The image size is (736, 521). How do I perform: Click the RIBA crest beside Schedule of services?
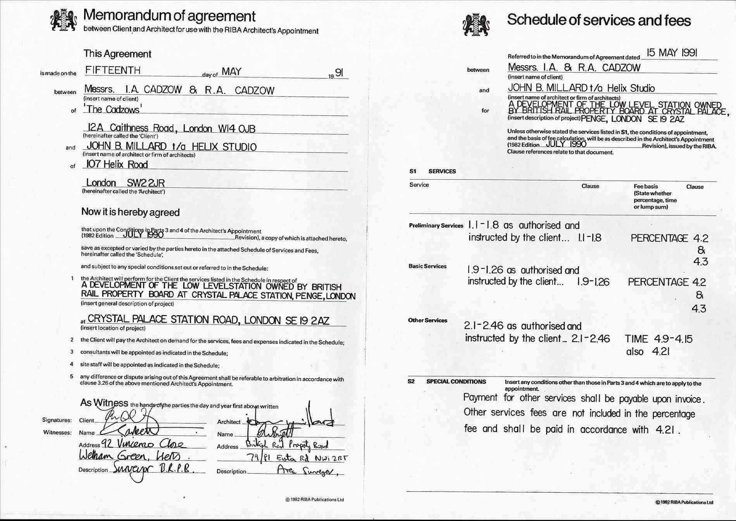click(476, 24)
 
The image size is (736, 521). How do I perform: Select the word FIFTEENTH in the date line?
click(113, 70)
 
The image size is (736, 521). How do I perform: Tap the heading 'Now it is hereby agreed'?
click(130, 212)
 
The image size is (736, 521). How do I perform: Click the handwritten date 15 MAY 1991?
click(672, 53)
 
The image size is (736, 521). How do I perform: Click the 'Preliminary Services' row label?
click(436, 226)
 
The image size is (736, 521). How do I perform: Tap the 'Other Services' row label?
click(427, 320)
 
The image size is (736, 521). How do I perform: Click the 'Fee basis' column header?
click(646, 186)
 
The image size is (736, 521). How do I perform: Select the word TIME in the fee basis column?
click(636, 339)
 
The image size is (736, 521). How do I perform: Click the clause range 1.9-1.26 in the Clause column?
click(593, 282)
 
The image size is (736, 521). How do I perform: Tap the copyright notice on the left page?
click(314, 500)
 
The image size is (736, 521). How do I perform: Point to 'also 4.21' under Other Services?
click(648, 352)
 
